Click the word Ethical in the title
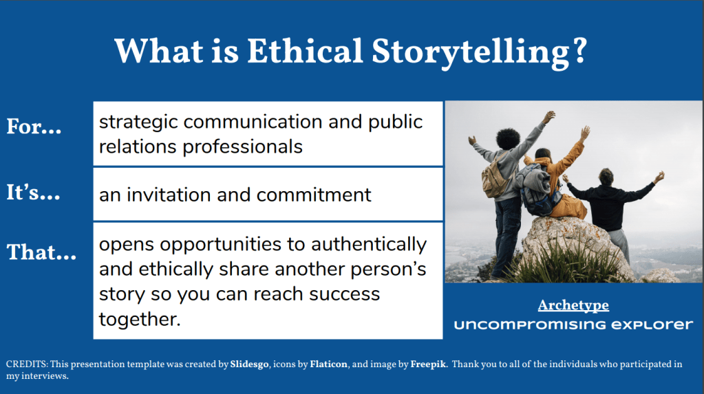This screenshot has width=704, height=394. (305, 51)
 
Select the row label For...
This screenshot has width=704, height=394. (34, 126)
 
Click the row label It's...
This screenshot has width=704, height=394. (33, 192)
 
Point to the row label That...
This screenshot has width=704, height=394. (41, 252)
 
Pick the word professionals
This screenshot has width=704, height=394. (242, 147)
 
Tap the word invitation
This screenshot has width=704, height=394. (169, 195)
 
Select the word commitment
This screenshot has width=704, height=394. (314, 195)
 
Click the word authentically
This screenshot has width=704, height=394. (369, 245)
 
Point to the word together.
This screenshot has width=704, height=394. (140, 320)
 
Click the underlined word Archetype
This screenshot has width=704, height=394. (573, 305)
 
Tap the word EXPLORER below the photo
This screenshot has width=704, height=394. (652, 325)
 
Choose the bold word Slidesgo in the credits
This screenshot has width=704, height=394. (250, 364)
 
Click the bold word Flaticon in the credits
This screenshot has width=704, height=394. (329, 364)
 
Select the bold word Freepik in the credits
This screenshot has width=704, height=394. (428, 364)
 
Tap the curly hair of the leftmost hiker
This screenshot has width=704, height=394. (508, 139)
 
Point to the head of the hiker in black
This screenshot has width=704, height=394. (606, 177)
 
